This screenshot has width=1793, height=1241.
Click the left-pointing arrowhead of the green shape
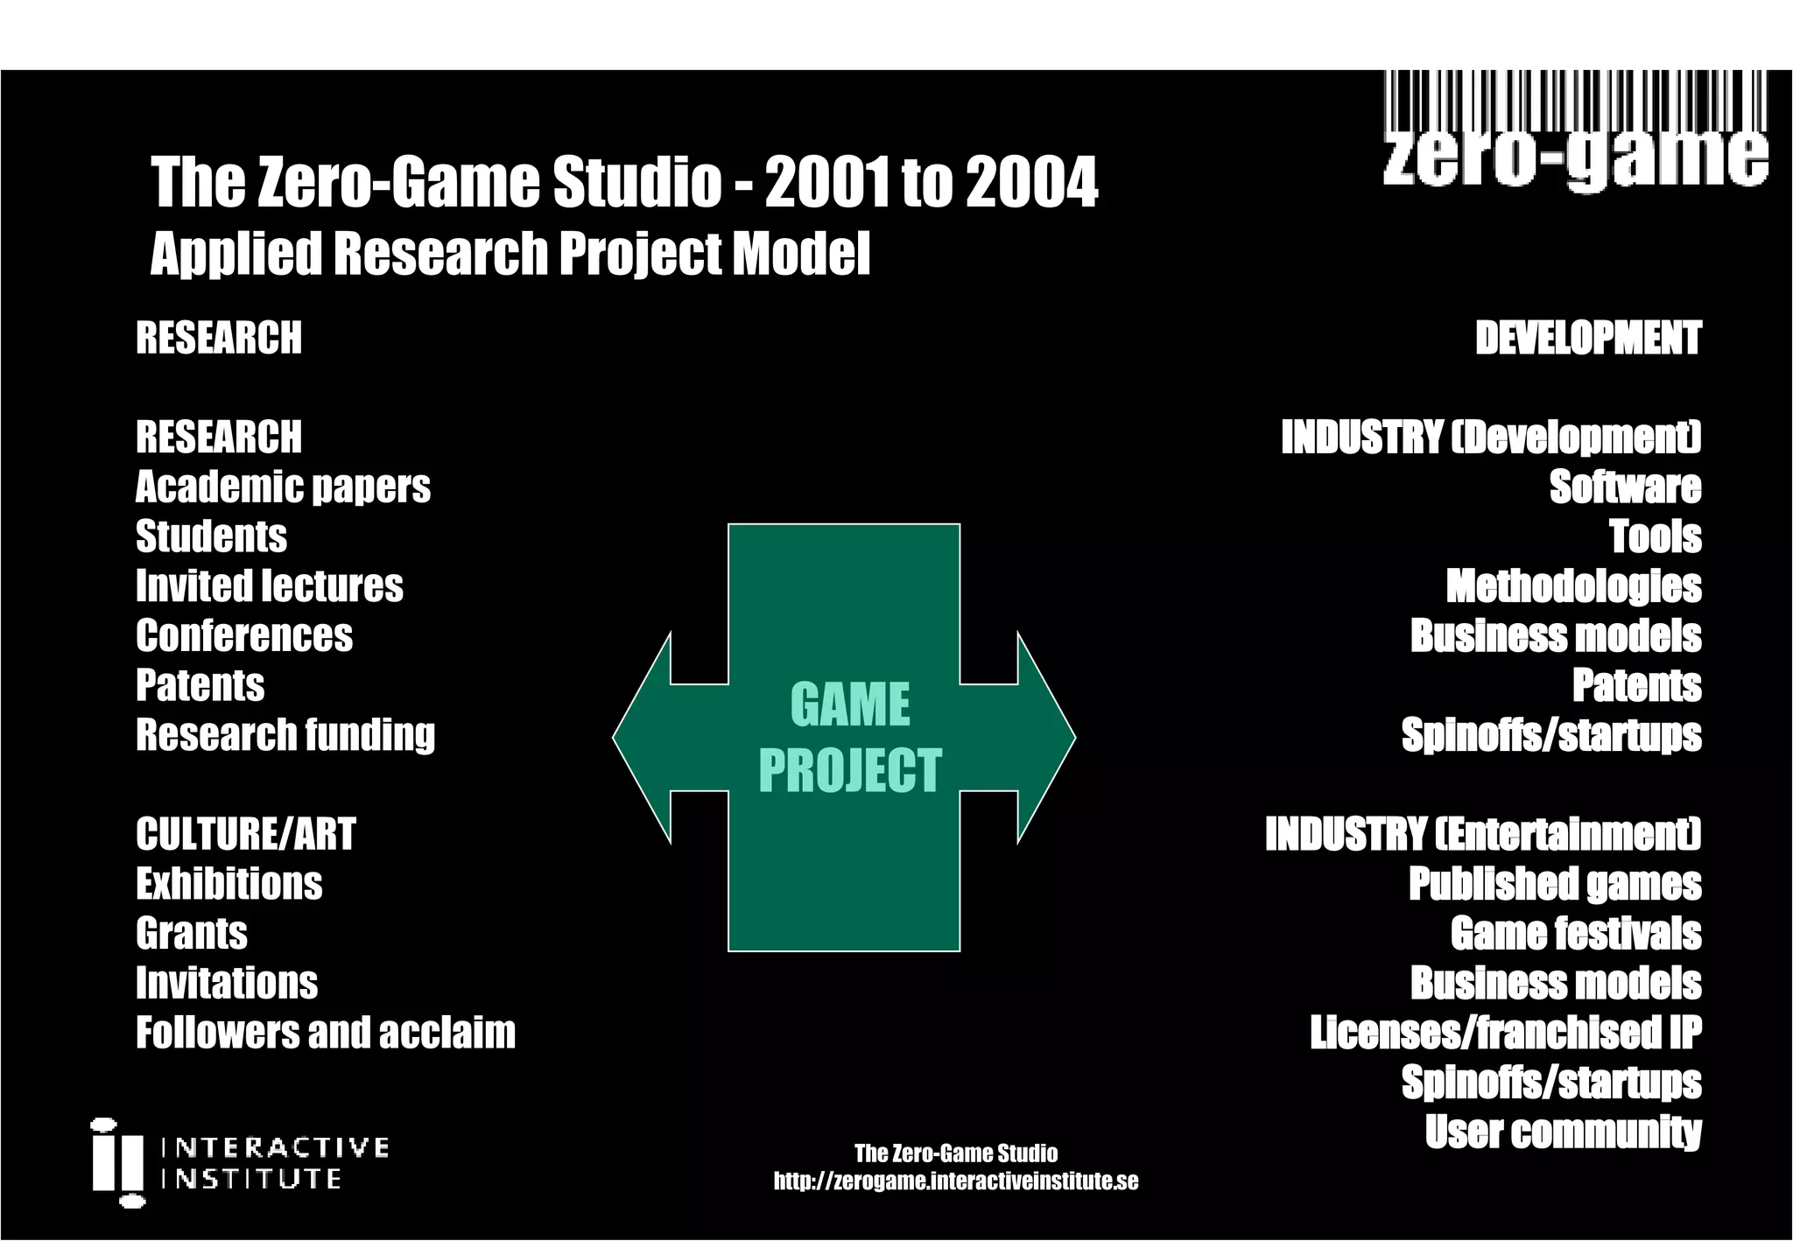click(643, 738)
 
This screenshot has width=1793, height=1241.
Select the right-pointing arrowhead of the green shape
click(1045, 738)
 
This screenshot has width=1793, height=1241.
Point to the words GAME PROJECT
click(849, 738)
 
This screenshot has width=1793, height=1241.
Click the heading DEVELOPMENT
click(1587, 338)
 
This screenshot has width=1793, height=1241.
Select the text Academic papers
click(283, 487)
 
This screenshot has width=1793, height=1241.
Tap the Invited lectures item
click(269, 586)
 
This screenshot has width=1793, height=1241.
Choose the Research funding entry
click(285, 735)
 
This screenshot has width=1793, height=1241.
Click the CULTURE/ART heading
click(245, 834)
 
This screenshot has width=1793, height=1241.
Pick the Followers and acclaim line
click(325, 1033)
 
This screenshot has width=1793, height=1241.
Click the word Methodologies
click(1573, 586)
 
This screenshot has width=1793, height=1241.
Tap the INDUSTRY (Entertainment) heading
click(1482, 834)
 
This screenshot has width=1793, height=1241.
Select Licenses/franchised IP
click(1505, 1033)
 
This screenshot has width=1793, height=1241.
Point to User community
click(1563, 1132)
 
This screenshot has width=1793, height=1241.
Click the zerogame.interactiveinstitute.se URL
click(955, 1181)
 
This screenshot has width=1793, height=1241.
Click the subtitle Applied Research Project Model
click(510, 254)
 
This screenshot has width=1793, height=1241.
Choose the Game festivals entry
click(1575, 934)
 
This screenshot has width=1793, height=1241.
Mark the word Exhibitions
click(229, 884)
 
